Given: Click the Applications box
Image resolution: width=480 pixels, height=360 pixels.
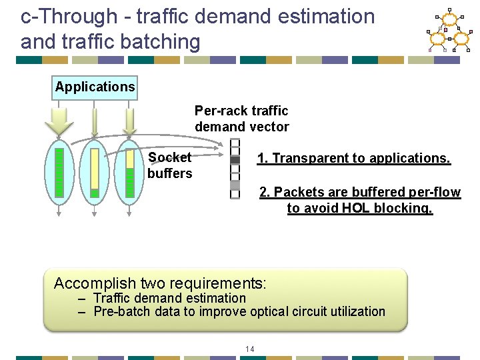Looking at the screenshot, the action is (95, 87).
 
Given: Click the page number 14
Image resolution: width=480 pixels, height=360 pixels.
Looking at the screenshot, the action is (250, 349).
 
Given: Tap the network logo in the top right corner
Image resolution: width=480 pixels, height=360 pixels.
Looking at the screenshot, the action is (448, 31).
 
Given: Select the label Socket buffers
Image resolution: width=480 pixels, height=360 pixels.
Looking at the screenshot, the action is (170, 165).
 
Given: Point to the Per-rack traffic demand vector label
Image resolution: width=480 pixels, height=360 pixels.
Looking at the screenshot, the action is (241, 119).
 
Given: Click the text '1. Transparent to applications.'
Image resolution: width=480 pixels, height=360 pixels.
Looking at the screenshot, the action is (353, 158).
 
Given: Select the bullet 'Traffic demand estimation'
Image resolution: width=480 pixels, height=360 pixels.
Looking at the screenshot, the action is (169, 298).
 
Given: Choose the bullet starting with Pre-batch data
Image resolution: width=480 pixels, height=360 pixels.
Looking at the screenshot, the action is (239, 311).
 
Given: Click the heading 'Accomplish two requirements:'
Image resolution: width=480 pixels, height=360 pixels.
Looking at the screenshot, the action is (160, 283).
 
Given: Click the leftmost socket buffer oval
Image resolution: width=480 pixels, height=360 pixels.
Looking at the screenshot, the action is (59, 173).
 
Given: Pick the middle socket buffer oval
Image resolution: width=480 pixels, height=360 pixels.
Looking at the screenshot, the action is (95, 173).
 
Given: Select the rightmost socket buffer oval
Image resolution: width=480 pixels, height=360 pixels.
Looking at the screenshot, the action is (129, 173).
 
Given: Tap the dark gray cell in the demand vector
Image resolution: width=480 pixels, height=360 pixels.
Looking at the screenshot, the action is (235, 160).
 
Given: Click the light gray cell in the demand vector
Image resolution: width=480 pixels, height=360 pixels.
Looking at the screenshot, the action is (235, 185).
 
